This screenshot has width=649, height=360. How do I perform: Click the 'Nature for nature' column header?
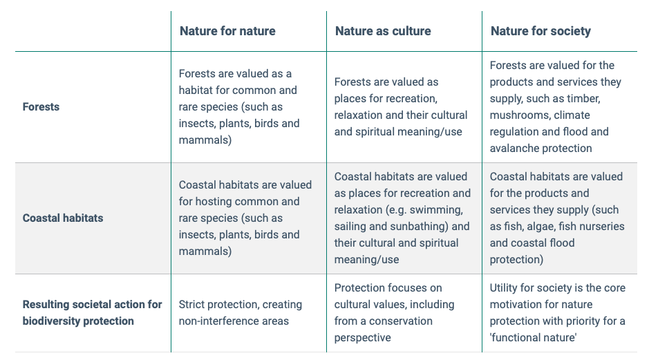pyautogui.click(x=227, y=31)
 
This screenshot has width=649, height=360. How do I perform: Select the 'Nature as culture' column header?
pyautogui.click(x=383, y=31)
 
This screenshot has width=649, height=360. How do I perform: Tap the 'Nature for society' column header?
pyautogui.click(x=540, y=32)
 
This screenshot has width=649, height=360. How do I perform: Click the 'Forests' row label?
pyautogui.click(x=41, y=107)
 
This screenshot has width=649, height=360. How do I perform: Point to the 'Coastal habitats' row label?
pyautogui.click(x=63, y=218)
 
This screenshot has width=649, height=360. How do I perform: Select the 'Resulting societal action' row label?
pyautogui.click(x=93, y=313)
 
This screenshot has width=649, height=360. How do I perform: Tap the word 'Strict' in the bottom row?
pyautogui.click(x=192, y=305)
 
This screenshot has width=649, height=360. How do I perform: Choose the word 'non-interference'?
pyautogui.click(x=216, y=321)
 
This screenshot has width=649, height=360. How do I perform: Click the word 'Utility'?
pyautogui.click(x=505, y=288)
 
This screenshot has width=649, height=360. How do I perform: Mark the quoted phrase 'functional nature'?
pyautogui.click(x=533, y=338)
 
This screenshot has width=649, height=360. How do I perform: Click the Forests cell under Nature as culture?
pyautogui.click(x=401, y=107)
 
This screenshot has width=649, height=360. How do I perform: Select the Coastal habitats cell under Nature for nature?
pyautogui.click(x=245, y=218)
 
